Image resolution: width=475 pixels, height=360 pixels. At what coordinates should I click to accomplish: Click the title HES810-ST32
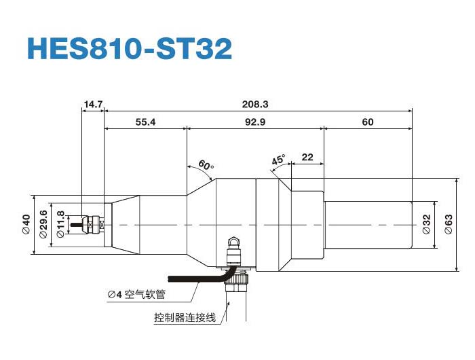pos(129,48)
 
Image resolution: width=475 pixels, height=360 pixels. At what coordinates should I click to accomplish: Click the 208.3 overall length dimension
pos(255,104)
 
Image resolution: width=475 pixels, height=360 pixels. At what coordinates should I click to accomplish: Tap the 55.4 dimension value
pos(145,122)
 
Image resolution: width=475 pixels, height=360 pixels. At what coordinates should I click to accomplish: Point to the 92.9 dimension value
pos(255,122)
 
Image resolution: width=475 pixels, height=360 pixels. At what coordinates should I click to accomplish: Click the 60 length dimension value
pos(368,122)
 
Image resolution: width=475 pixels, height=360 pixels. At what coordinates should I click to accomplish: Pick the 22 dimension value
pos(307,157)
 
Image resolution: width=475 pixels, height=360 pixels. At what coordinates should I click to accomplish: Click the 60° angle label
pos(206,165)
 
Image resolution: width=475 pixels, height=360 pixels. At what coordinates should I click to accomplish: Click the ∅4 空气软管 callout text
pos(136,295)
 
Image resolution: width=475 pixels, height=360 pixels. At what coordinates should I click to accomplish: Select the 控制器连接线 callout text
pos(184,317)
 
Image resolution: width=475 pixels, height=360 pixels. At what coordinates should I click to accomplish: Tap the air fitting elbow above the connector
pos(233,245)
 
